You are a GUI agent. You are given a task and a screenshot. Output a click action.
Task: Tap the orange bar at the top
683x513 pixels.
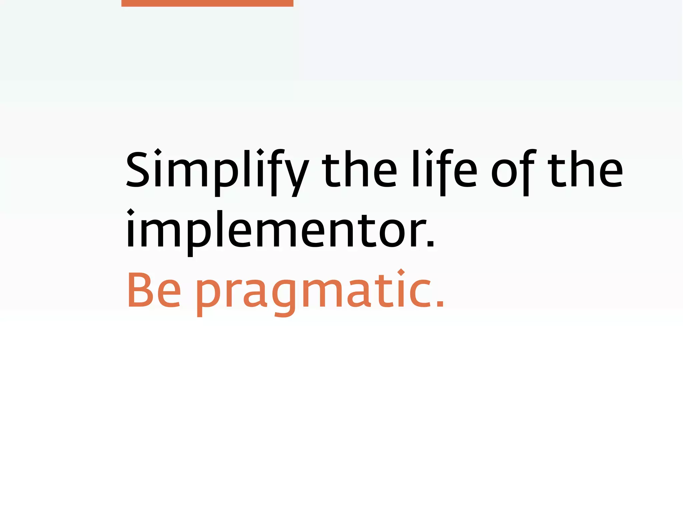[207, 3]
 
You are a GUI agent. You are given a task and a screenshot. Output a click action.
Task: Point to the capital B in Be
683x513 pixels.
[138, 290]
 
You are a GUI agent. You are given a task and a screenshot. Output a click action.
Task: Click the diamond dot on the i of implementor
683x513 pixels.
[130, 212]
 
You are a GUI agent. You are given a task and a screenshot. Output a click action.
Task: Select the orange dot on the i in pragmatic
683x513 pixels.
[401, 272]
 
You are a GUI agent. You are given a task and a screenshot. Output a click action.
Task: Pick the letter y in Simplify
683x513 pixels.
[297, 175]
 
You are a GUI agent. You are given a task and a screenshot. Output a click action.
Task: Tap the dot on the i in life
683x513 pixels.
[429, 152]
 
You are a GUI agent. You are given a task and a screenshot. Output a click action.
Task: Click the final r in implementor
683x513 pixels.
[418, 232]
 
